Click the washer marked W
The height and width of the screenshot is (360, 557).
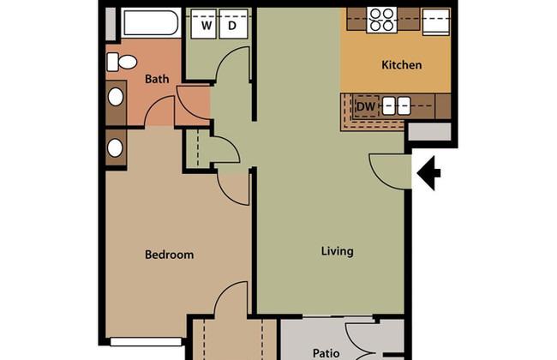click(x=204, y=24)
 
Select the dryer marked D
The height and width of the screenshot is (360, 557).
click(x=233, y=24)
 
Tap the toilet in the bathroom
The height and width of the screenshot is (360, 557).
click(x=122, y=63)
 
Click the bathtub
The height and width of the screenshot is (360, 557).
click(x=150, y=22)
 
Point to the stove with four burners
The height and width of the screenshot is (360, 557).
click(x=381, y=20)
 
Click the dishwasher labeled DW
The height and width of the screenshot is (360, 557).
click(x=366, y=106)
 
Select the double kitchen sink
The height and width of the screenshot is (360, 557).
click(x=396, y=106)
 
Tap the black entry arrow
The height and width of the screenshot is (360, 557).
click(x=428, y=173)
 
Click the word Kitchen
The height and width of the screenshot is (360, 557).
click(x=401, y=65)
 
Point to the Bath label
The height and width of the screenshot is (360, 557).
click(x=157, y=79)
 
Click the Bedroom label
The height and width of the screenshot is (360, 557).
click(x=169, y=255)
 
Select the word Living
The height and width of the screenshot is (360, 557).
click(x=337, y=251)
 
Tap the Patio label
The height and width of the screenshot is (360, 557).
click(x=326, y=353)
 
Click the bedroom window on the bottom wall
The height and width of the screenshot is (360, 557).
click(x=146, y=342)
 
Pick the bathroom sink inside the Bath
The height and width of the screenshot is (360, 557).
click(x=116, y=97)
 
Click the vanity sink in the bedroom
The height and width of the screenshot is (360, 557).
click(x=115, y=147)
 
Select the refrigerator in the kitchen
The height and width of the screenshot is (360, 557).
click(x=436, y=21)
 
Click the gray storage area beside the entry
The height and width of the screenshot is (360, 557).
click(x=429, y=131)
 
